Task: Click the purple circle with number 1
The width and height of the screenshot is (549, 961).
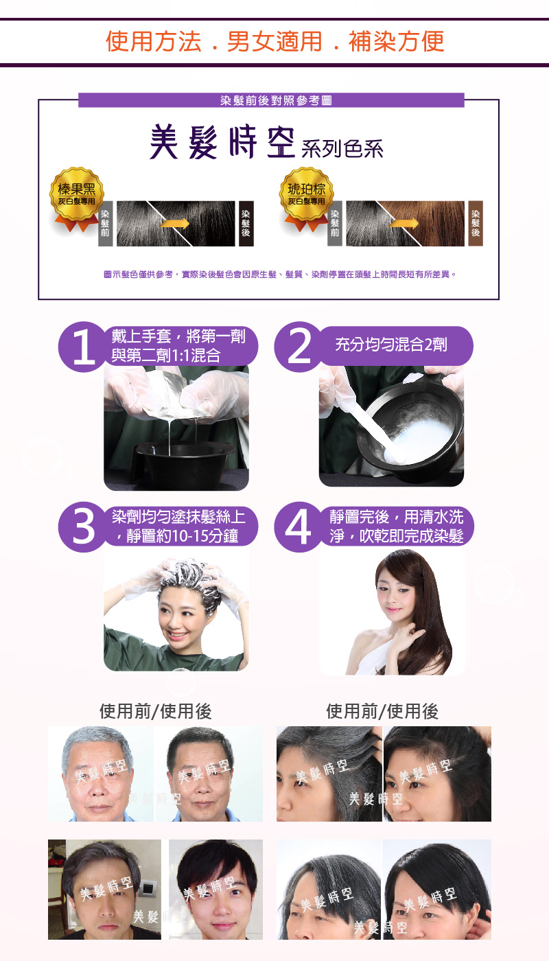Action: [x=83, y=347]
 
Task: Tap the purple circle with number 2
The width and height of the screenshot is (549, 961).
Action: [x=299, y=347]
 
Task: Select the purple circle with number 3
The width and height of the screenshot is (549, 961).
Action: [x=83, y=527]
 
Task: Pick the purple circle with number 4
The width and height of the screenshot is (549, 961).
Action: [x=299, y=527]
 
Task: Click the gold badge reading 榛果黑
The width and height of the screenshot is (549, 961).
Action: [x=77, y=195]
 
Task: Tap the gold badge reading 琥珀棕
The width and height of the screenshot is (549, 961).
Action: [x=306, y=195]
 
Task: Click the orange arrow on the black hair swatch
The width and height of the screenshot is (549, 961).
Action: [x=174, y=224]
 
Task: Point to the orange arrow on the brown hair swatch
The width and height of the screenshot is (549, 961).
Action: [x=404, y=224]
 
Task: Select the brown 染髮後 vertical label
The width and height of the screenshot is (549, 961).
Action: [x=475, y=223]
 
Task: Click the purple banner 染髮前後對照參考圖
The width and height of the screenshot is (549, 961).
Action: [x=271, y=100]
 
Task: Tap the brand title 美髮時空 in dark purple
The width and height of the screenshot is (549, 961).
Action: [x=222, y=142]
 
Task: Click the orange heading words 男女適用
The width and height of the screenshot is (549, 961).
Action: [x=274, y=42]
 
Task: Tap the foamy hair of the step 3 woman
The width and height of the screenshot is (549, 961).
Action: [x=189, y=579]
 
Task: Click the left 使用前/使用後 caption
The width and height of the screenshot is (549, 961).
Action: [x=156, y=711]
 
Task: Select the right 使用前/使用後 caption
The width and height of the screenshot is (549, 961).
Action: [x=383, y=711]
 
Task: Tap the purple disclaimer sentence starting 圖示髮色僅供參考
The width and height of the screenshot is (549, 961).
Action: [x=280, y=274]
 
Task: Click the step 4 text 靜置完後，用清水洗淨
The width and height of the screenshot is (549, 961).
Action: [x=397, y=526]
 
